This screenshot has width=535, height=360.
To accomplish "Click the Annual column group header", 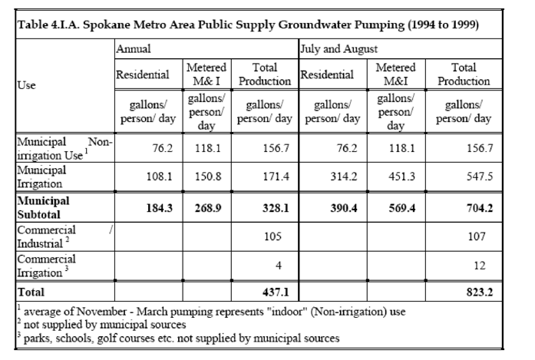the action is pyautogui.click(x=134, y=49).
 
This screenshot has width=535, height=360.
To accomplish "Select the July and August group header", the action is pyautogui.click(x=339, y=49).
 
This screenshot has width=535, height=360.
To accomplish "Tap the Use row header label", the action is pyautogui.click(x=27, y=85).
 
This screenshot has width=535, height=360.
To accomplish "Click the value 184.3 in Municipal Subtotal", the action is pyautogui.click(x=160, y=208).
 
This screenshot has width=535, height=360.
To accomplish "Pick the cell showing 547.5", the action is pyautogui.click(x=480, y=176).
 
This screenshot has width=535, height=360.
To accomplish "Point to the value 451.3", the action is pyautogui.click(x=402, y=176).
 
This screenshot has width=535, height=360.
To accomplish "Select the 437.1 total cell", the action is pyautogui.click(x=276, y=292).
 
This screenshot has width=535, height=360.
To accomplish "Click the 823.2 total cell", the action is pyautogui.click(x=480, y=292).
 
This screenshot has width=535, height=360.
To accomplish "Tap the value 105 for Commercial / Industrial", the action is pyautogui.click(x=272, y=236).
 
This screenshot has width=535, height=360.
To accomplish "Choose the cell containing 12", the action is pyautogui.click(x=480, y=266).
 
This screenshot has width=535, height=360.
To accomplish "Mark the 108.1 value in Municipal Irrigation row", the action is pyautogui.click(x=160, y=176).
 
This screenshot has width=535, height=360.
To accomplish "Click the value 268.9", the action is pyautogui.click(x=208, y=208).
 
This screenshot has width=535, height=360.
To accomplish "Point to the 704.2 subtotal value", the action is pyautogui.click(x=480, y=208).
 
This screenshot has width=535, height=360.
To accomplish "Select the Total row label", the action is pyautogui.click(x=31, y=292).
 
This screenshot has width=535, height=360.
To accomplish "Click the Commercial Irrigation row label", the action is pyautogui.click(x=46, y=266).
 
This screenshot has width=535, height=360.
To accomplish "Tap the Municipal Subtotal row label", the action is pyautogui.click(x=43, y=207).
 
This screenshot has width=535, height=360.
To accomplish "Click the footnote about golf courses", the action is pyautogui.click(x=178, y=338).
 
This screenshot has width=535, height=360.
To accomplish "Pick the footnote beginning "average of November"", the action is pyautogui.click(x=212, y=311).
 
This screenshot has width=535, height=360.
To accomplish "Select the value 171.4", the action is pyautogui.click(x=276, y=176).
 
